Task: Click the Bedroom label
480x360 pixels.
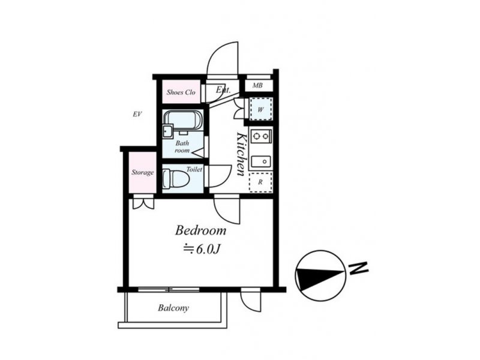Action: coord(200,230)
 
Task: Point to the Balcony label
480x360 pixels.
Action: coord(173,308)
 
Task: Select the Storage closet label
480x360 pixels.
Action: coord(143,172)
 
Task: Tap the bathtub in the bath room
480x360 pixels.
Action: coord(183,120)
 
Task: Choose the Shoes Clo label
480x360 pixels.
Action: coord(181,92)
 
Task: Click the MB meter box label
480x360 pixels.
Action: coord(257,85)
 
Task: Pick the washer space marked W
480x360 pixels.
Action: coord(260,109)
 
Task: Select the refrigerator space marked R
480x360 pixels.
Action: coord(260,182)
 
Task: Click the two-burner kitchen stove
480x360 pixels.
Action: coord(261,136)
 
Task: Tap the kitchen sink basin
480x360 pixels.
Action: coord(261,161)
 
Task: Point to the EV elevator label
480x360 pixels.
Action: coord(137,114)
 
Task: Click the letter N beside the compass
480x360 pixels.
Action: coord(358,268)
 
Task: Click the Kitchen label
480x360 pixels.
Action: coord(242,154)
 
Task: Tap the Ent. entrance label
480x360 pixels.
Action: coord(223,89)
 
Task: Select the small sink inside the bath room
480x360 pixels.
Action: coord(168,131)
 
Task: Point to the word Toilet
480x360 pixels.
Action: coord(194,169)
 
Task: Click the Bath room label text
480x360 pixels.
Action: coord(182,146)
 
